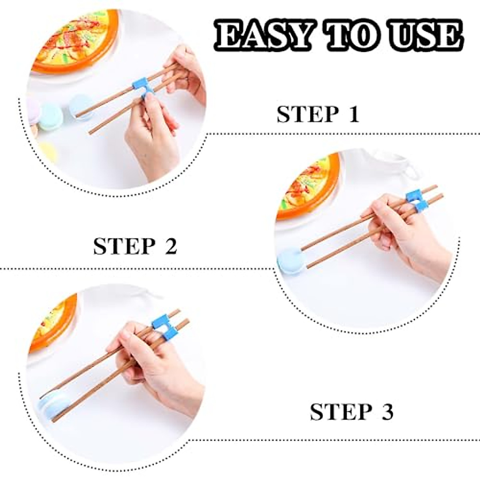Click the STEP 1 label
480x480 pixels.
[318, 114]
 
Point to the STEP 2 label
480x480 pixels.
[135, 246]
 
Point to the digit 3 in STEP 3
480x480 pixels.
[386, 412]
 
